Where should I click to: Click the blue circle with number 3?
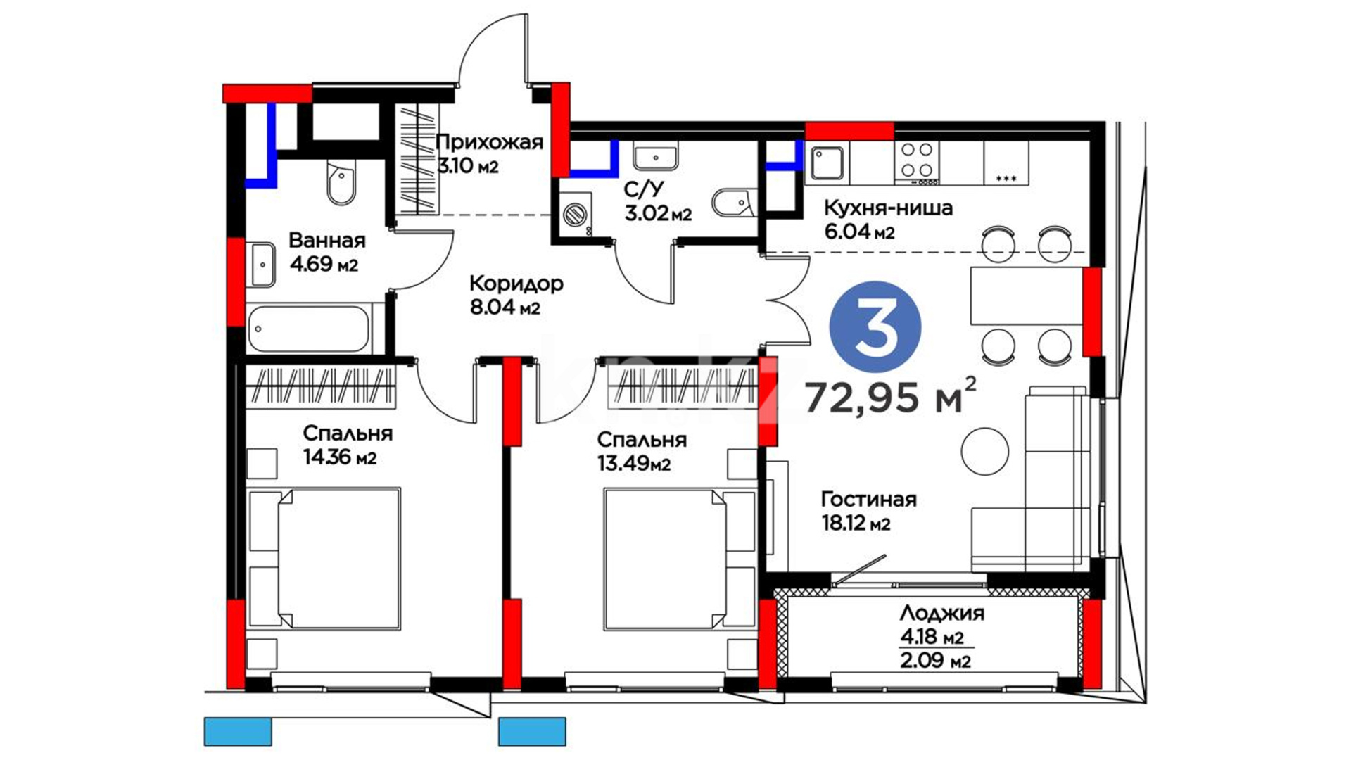[875, 327]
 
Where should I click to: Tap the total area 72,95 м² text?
[891, 395]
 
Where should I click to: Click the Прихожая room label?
[490, 142]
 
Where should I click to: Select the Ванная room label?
[327, 240]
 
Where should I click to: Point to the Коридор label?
[516, 283]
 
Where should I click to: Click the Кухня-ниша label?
[888, 208]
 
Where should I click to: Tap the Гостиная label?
[869, 499]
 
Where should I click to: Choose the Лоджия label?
[941, 613]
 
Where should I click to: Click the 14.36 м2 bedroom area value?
[340, 457]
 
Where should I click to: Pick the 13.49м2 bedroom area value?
[633, 464]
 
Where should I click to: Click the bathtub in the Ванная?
[308, 329]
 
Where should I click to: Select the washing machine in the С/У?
[575, 213]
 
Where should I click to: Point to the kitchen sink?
[827, 163]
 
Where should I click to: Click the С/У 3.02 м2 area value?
[658, 213]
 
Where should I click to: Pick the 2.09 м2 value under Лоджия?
[936, 661]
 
